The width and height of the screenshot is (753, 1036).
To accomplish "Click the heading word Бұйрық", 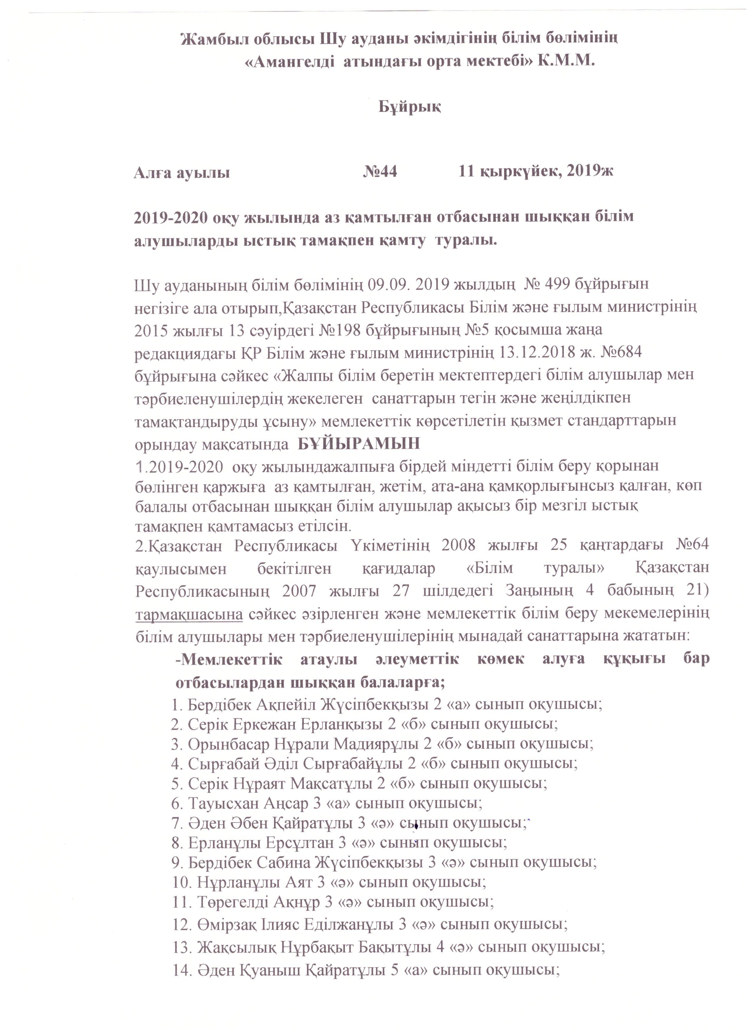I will coord(409,107).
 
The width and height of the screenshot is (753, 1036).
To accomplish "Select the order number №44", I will coord(380,172).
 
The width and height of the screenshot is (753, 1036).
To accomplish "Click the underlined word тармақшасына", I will coord(189,615).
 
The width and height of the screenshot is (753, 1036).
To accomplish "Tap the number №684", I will coord(615,353).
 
